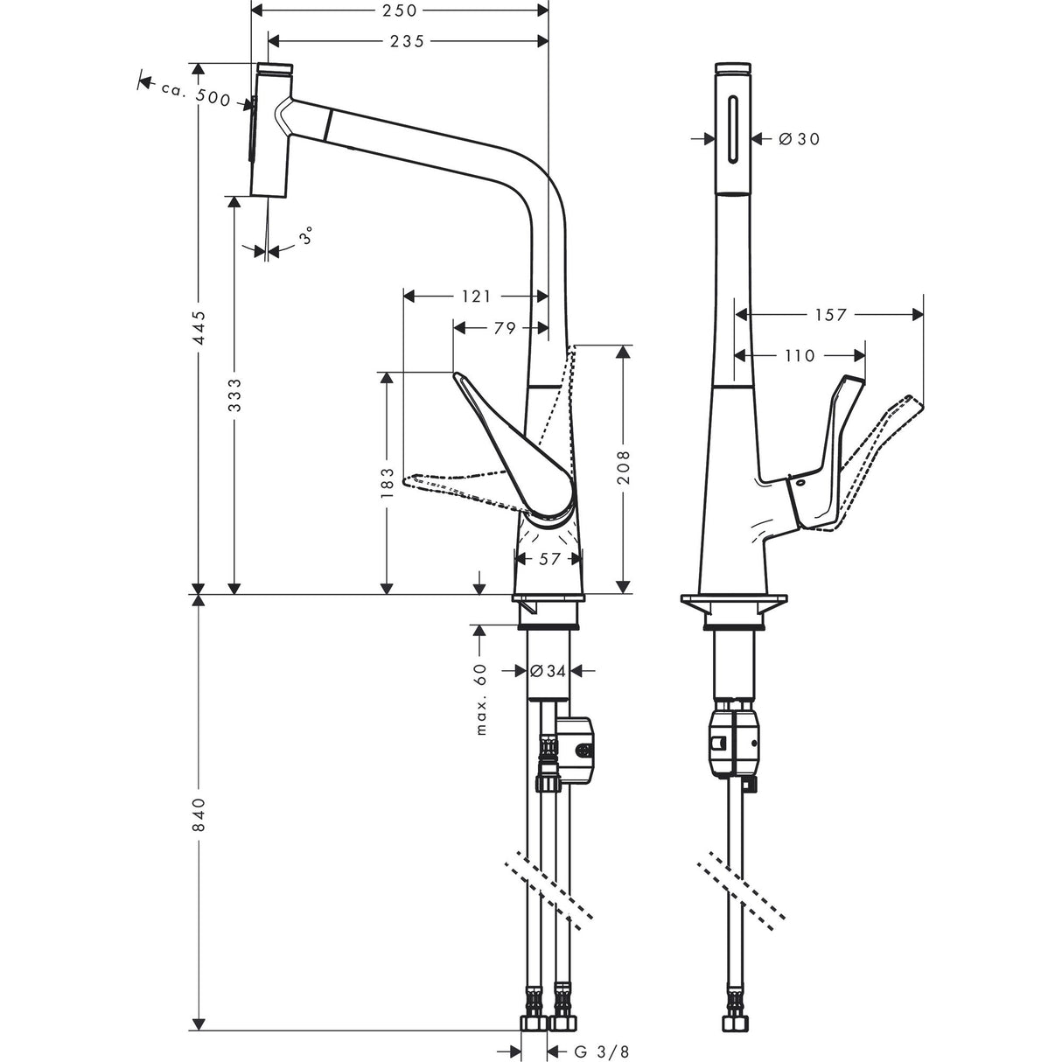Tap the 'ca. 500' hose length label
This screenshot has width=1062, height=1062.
[195, 94]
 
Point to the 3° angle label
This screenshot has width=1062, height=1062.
[305, 236]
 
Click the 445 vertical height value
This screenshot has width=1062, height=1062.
[199, 327]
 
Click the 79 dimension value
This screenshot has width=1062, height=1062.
[505, 328]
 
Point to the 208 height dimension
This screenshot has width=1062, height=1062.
[622, 468]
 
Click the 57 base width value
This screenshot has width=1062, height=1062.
[548, 559]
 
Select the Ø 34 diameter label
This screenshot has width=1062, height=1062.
[549, 671]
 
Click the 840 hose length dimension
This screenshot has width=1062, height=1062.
[199, 814]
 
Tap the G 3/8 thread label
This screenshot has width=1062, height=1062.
[602, 1052]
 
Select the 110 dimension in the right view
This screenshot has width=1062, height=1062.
[799, 355]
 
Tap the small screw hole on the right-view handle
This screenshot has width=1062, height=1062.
[798, 482]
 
